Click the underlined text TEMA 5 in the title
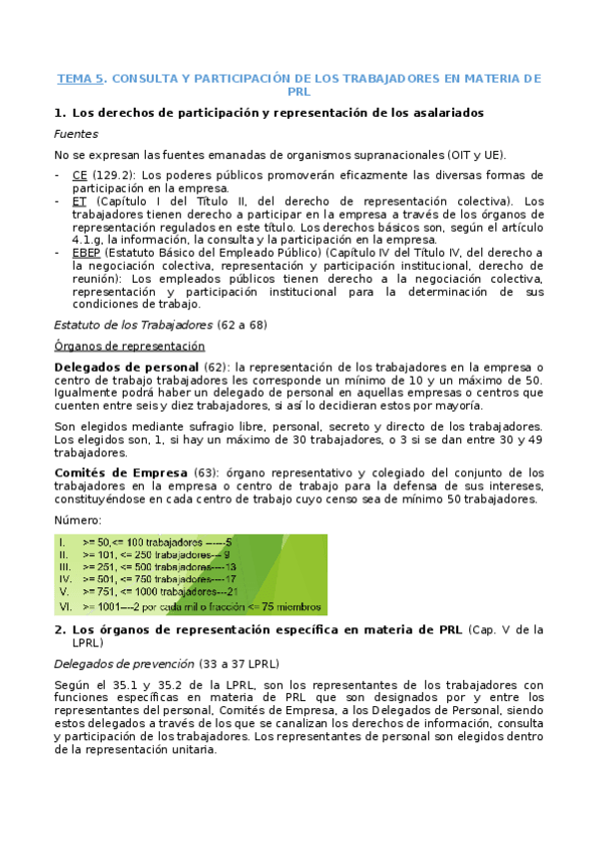point(80,78)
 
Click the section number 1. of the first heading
point(60,113)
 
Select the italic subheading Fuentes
point(76,134)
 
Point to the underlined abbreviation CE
point(79,175)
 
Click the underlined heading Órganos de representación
point(130,346)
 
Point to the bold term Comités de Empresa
point(107,472)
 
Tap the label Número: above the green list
point(77,519)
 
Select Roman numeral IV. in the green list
point(65,578)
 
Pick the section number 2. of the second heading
point(60,629)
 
